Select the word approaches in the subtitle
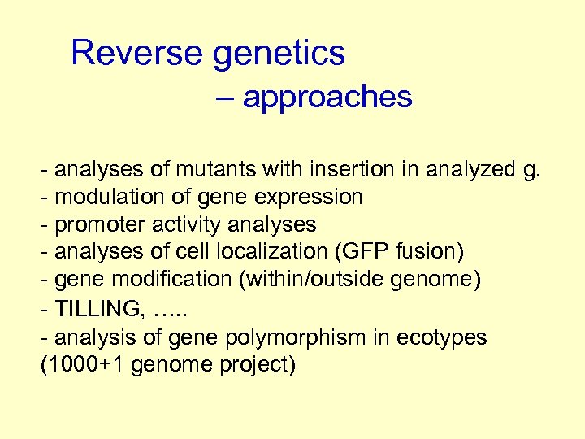tap(327, 98)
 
